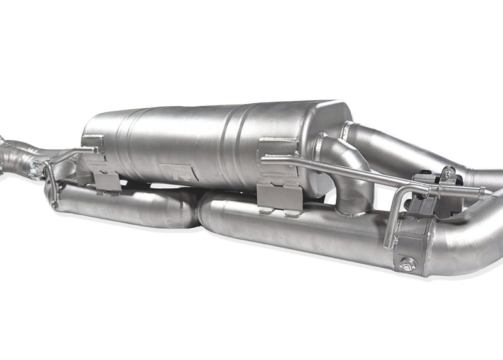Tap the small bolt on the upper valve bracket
(x=448, y=172)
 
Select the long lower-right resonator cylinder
(x=289, y=230)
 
